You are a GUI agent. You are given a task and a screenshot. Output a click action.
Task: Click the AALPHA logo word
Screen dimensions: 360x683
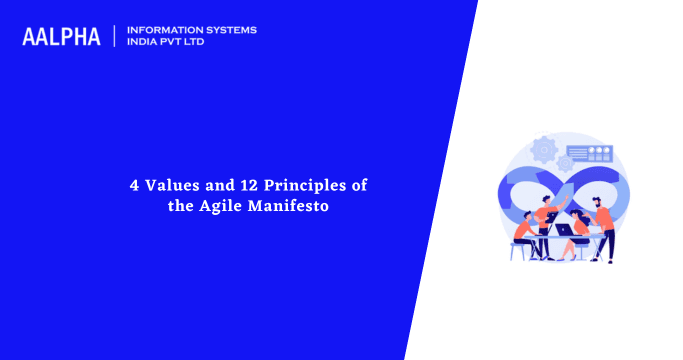point(61,37)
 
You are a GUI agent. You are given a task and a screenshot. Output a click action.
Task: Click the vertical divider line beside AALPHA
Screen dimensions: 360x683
point(115,36)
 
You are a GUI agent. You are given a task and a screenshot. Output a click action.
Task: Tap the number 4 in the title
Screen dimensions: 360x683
point(135,185)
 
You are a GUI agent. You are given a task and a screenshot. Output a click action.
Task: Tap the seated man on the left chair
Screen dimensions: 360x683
point(522,236)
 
